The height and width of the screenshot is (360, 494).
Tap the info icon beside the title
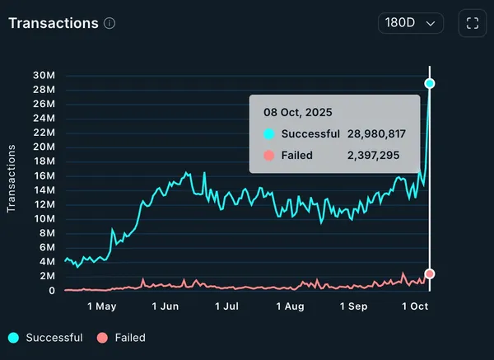(110, 23)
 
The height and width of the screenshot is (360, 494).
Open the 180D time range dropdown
(411, 23)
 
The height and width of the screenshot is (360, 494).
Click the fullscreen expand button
(472, 23)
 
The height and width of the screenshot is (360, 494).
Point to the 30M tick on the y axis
(44, 77)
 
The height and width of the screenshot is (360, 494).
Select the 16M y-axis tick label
(44, 176)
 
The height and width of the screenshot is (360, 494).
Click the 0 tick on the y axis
(51, 291)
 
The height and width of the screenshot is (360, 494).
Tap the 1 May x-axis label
(101, 306)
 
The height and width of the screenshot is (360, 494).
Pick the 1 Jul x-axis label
(227, 306)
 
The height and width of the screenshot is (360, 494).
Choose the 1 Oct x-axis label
(416, 306)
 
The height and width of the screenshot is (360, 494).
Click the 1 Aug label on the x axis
(290, 306)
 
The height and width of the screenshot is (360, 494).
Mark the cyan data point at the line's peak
(430, 83)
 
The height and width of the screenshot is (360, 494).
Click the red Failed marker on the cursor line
(430, 274)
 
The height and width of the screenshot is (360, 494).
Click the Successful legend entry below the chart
(54, 338)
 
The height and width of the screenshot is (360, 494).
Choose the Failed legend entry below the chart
(130, 338)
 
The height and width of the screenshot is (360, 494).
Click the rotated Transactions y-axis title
(12, 179)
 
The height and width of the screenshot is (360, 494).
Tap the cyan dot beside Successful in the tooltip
(268, 133)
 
